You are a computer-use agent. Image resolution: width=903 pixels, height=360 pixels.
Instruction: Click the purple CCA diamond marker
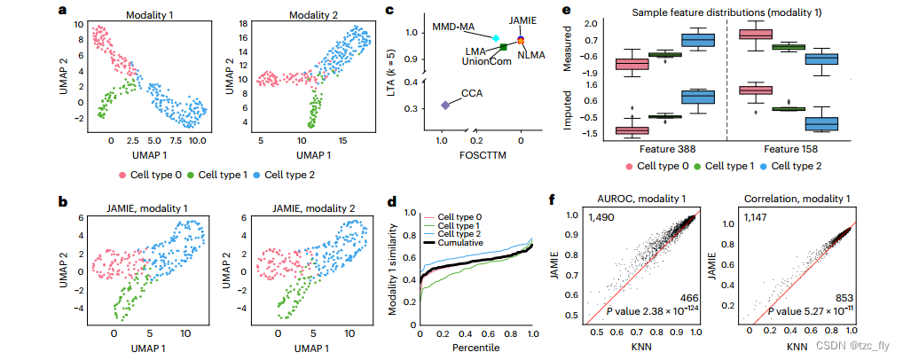445,105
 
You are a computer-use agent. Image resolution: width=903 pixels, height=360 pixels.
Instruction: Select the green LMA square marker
504,46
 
